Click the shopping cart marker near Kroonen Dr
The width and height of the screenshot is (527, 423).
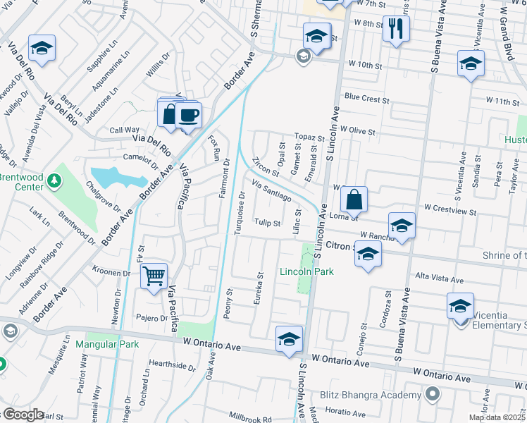(154, 276)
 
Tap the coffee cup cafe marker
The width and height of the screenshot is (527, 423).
(187, 115)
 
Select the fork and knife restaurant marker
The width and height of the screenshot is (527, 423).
(395, 29)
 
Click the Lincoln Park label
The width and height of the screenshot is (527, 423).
(306, 271)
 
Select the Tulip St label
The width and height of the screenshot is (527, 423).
(268, 223)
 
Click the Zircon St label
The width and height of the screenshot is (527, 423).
(265, 168)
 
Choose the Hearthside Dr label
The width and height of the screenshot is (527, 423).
(171, 366)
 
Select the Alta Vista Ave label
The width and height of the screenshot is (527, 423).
(436, 277)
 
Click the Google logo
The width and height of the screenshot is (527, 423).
(23, 415)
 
